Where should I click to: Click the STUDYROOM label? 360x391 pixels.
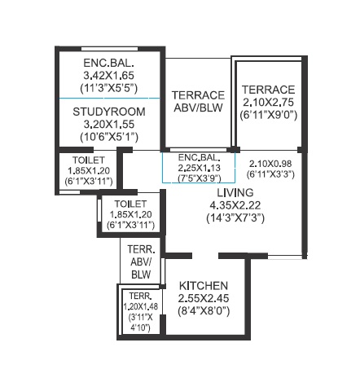tap(109, 112)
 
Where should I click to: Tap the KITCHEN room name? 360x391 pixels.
tap(204, 286)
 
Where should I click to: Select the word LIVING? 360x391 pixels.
tap(235, 192)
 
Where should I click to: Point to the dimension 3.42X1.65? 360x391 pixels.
tap(109, 75)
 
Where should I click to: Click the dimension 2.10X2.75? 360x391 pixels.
tap(269, 103)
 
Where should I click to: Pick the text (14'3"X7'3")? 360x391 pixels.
tap(235, 217)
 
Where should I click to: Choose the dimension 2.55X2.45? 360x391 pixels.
tap(204, 298)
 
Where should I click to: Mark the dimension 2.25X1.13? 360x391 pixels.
tap(199, 168)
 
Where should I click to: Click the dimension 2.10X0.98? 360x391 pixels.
tap(270, 164)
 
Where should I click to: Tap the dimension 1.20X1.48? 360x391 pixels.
tap(141, 306)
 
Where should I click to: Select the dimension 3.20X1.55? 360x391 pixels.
tap(109, 125)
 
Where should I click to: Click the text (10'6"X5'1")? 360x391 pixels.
tap(109, 137)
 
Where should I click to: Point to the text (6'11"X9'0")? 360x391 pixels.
tap(269, 115)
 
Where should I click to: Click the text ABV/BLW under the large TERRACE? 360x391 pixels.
tap(198, 108)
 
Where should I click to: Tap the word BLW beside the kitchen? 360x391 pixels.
tap(141, 275)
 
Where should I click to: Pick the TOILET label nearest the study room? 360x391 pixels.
tap(89, 160)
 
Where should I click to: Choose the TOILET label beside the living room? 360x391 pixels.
tap(130, 204)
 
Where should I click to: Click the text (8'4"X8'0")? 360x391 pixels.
tap(204, 311)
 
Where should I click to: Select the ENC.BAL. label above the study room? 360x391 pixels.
tap(108, 63)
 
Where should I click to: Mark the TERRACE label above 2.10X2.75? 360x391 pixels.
tap(269, 90)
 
